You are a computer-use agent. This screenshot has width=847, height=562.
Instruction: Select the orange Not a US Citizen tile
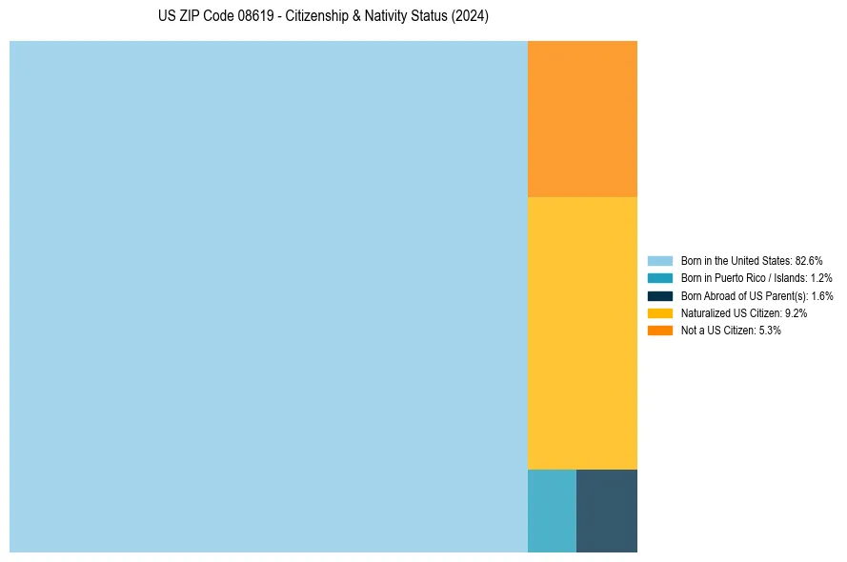point(582,118)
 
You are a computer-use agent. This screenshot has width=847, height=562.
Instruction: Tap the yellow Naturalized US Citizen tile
point(582,332)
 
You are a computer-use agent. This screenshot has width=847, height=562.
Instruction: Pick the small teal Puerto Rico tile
point(552,511)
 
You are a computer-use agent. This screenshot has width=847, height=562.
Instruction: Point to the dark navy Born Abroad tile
point(607,511)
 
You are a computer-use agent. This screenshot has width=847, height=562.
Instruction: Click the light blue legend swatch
point(659,260)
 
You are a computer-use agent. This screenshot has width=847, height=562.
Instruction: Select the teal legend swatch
point(659,278)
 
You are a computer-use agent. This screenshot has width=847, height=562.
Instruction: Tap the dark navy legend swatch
point(659,295)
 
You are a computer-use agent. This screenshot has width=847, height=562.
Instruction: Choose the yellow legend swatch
point(659,312)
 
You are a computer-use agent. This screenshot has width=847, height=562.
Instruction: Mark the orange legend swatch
point(659,331)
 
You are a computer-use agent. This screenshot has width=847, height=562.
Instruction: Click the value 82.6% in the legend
point(809,260)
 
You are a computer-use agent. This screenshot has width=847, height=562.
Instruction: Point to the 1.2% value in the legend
point(820,278)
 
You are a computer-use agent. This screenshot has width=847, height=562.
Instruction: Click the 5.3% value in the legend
point(770,331)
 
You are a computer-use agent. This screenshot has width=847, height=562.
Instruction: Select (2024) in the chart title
point(470,17)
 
